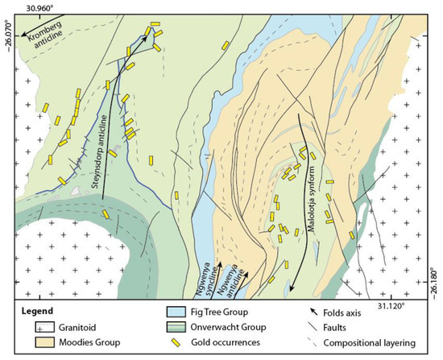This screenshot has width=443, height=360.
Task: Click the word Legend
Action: [39, 312]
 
